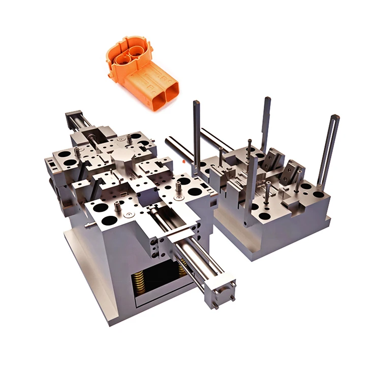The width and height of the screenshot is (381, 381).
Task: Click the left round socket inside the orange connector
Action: [x=123, y=59]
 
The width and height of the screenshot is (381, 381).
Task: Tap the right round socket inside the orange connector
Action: [x=136, y=52]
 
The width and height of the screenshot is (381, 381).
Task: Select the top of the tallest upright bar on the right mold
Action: [x=267, y=101]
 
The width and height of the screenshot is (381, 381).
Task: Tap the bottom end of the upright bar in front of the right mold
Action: [x=247, y=222]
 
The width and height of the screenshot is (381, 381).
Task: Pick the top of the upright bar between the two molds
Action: [x=197, y=104]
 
